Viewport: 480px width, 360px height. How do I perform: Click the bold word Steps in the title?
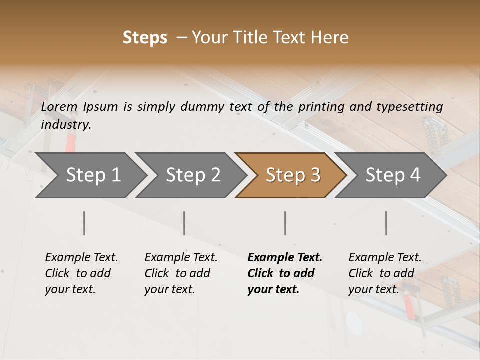click(145, 38)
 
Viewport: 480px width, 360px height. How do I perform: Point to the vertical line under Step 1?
click(84, 223)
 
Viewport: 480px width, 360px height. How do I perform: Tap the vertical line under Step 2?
click(184, 223)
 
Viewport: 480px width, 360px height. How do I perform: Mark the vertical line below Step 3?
click(285, 223)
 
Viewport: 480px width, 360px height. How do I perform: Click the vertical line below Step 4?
click(386, 223)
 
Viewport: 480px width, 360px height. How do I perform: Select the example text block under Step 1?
click(81, 273)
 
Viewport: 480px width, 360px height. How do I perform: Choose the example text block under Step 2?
click(181, 273)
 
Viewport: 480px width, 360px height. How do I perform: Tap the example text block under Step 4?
click(385, 273)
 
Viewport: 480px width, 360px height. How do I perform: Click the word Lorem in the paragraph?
click(59, 107)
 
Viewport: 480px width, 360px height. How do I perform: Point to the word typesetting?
click(407, 107)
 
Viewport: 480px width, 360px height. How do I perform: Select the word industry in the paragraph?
click(66, 125)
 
